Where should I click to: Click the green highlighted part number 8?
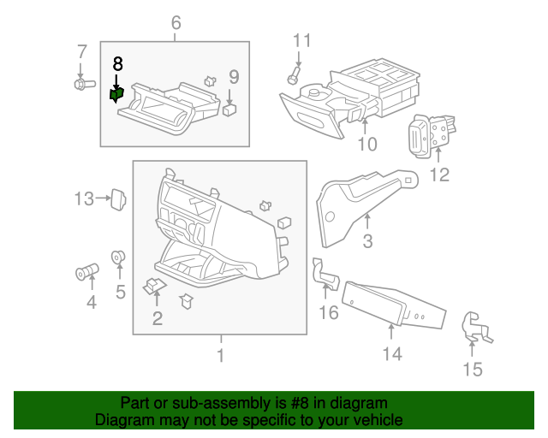[116, 95]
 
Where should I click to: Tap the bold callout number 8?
[118, 64]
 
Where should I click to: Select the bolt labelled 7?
[85, 84]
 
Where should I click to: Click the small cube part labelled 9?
[229, 109]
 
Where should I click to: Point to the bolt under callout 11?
[294, 75]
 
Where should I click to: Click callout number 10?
[367, 144]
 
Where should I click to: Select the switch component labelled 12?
[431, 135]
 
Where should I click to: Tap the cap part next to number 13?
[118, 199]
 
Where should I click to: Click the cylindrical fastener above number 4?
[87, 271]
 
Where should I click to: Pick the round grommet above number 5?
[118, 257]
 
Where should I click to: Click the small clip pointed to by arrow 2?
[155, 286]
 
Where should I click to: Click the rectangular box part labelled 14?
[393, 305]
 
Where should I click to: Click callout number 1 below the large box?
[221, 355]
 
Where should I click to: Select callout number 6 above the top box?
[176, 23]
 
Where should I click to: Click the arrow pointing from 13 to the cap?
[103, 198]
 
